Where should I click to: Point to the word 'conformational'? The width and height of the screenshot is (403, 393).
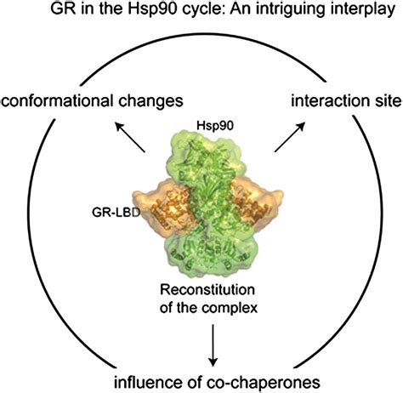point(60,100)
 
